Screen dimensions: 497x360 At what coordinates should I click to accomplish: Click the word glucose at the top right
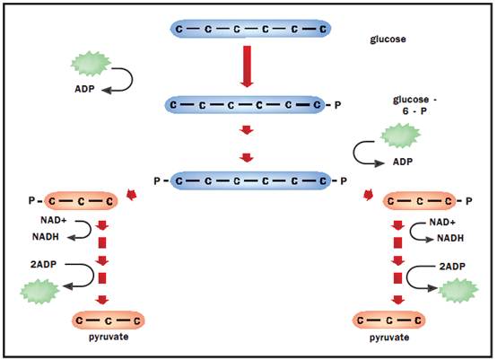click(x=388, y=40)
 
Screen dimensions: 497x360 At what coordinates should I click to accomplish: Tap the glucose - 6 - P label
click(x=414, y=105)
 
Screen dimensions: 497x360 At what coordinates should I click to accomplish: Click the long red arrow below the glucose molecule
click(x=247, y=66)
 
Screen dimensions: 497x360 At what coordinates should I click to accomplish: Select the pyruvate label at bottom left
click(x=109, y=337)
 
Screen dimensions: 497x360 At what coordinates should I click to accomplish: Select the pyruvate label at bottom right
click(x=389, y=337)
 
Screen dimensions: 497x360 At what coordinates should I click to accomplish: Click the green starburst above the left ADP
click(x=91, y=64)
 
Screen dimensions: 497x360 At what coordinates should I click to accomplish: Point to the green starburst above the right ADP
click(x=401, y=136)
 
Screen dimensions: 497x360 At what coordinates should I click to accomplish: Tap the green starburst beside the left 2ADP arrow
click(x=39, y=292)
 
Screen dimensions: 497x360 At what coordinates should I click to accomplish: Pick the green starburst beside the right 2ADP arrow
click(x=458, y=290)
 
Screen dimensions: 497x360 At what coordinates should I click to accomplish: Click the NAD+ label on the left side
click(x=54, y=220)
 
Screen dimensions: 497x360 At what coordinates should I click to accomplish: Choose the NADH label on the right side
click(x=450, y=238)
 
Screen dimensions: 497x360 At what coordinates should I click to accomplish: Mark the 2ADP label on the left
click(x=43, y=264)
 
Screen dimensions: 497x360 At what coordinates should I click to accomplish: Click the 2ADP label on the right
click(x=452, y=267)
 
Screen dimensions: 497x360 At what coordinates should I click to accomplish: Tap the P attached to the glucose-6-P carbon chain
click(x=338, y=105)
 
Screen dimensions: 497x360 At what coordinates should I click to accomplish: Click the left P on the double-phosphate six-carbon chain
click(x=157, y=181)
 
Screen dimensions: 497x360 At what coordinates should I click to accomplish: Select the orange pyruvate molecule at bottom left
click(x=109, y=320)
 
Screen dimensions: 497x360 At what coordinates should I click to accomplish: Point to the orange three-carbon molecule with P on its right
click(x=419, y=201)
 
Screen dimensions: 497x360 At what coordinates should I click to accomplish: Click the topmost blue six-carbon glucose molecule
click(x=250, y=29)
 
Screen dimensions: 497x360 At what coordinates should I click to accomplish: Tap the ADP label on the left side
click(x=84, y=89)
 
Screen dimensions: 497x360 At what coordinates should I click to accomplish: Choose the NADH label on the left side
click(x=46, y=237)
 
